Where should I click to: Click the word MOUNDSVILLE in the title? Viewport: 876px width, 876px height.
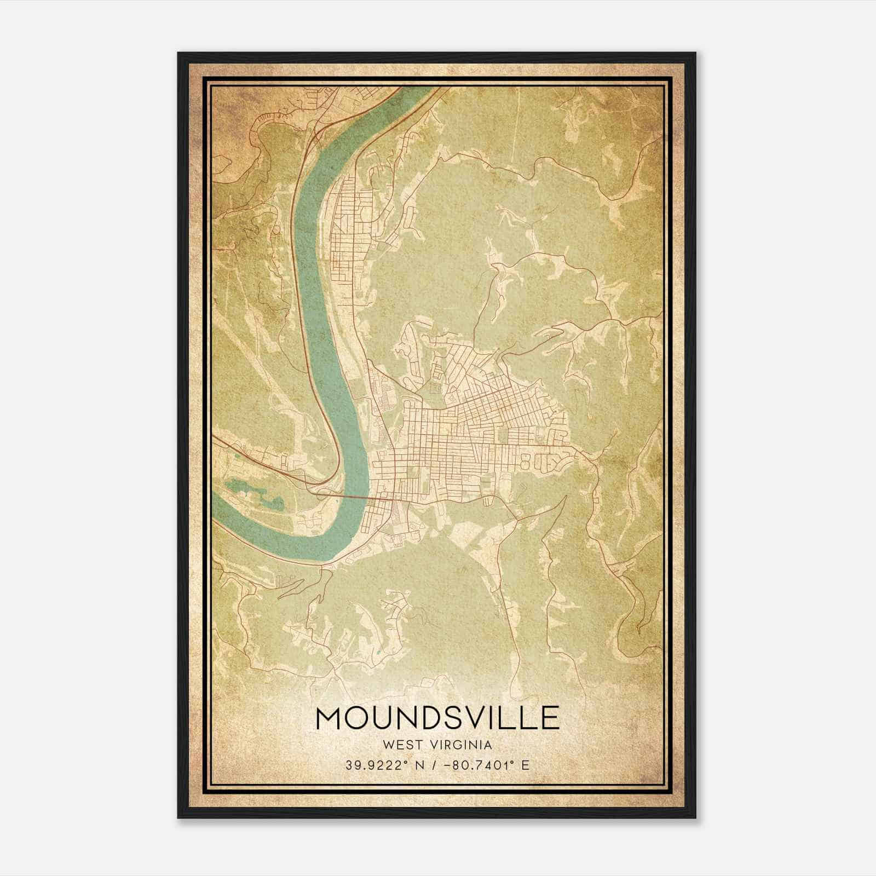437,718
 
